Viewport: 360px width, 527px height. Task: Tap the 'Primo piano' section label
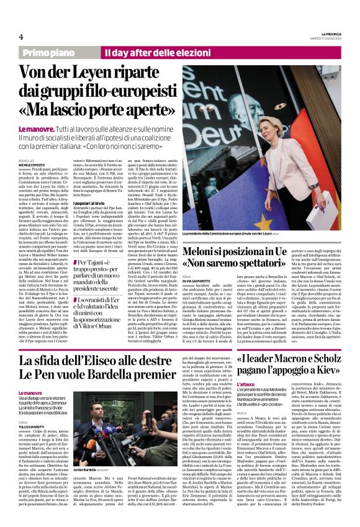[62, 54]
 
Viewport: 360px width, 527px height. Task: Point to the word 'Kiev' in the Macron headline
[322, 374]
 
